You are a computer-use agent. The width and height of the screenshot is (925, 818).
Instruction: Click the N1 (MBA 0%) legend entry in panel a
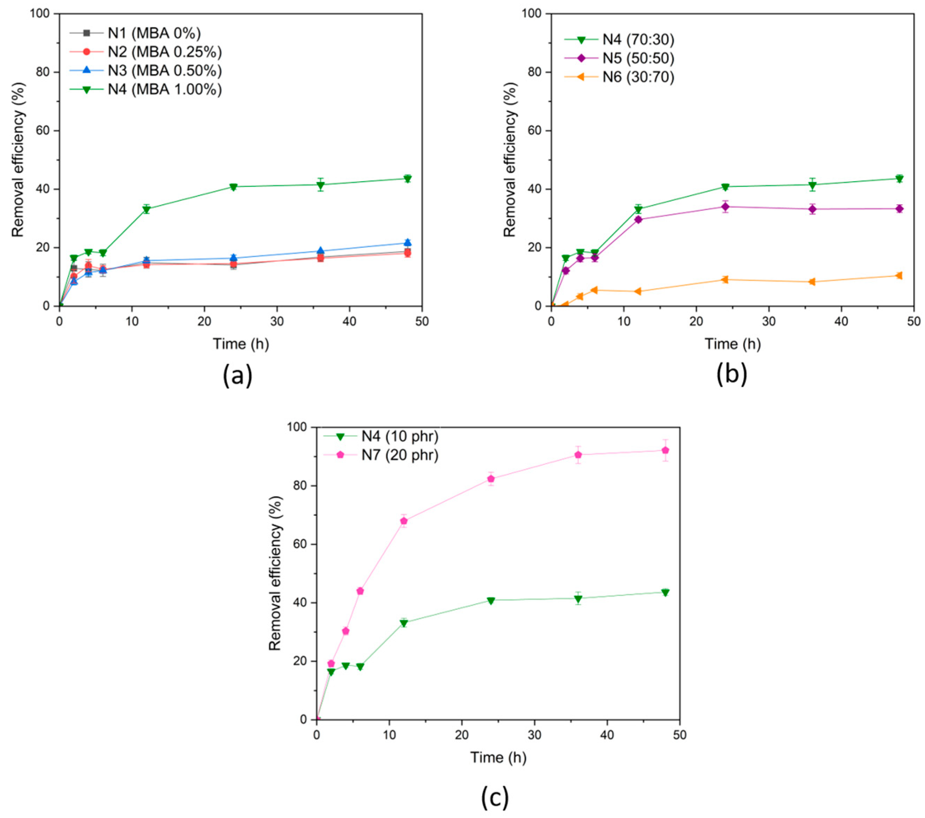154,34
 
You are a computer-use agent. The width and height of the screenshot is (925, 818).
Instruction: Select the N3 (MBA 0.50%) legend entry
164,71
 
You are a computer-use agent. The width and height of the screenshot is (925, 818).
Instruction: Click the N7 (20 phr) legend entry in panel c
400,455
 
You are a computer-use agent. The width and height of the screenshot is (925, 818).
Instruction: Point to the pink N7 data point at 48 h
665,450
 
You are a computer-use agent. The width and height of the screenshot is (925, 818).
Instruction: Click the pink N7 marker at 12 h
404,521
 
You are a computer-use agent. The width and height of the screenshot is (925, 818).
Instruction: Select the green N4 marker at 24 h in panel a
234,187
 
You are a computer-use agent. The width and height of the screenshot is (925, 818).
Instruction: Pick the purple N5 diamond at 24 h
725,207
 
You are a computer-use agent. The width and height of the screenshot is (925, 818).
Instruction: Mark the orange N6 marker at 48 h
899,276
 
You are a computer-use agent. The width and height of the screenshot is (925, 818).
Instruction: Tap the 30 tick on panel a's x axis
277,321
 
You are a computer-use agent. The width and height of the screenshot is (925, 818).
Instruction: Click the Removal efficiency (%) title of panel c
275,574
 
